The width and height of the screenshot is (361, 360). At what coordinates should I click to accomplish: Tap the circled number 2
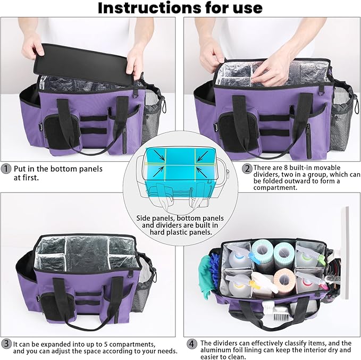point(247,169)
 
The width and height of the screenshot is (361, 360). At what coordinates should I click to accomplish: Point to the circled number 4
point(191,344)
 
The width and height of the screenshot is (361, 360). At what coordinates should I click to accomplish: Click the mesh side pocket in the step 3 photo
point(146,290)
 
